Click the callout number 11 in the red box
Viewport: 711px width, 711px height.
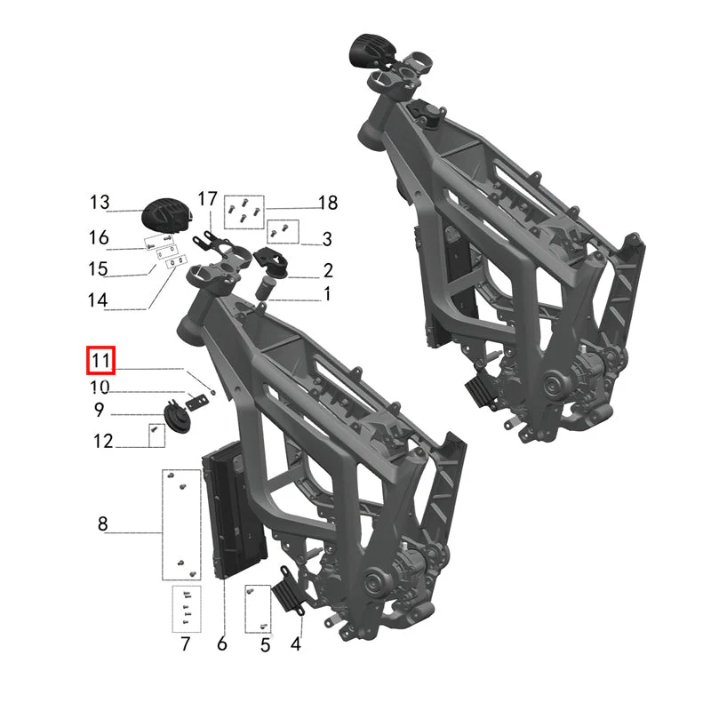point(100,361)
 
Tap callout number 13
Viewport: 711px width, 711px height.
point(100,203)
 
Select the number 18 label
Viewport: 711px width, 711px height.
point(327,203)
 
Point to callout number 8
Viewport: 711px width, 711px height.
point(103,523)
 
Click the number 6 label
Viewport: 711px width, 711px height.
point(221,643)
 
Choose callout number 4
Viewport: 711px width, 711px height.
point(296,643)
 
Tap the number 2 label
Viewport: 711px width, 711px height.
point(328,270)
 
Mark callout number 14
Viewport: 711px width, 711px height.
point(98,300)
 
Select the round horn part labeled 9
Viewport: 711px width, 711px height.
point(176,415)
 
